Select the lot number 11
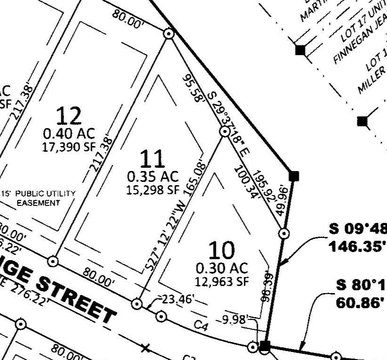pyautogui.click(x=152, y=158)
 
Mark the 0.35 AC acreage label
pyautogui.click(x=151, y=175)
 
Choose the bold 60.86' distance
pyautogui.click(x=362, y=299)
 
